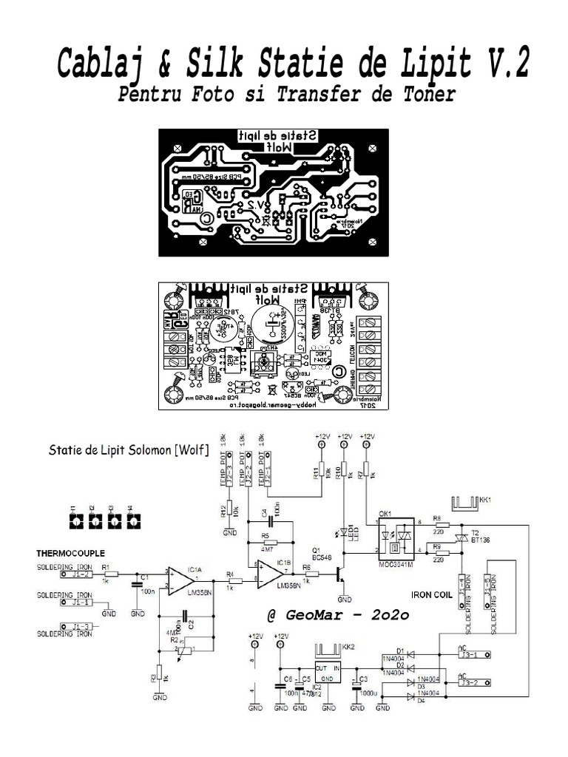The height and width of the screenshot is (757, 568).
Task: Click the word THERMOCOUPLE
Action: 71,553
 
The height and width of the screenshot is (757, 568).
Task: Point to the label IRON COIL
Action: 433,592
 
